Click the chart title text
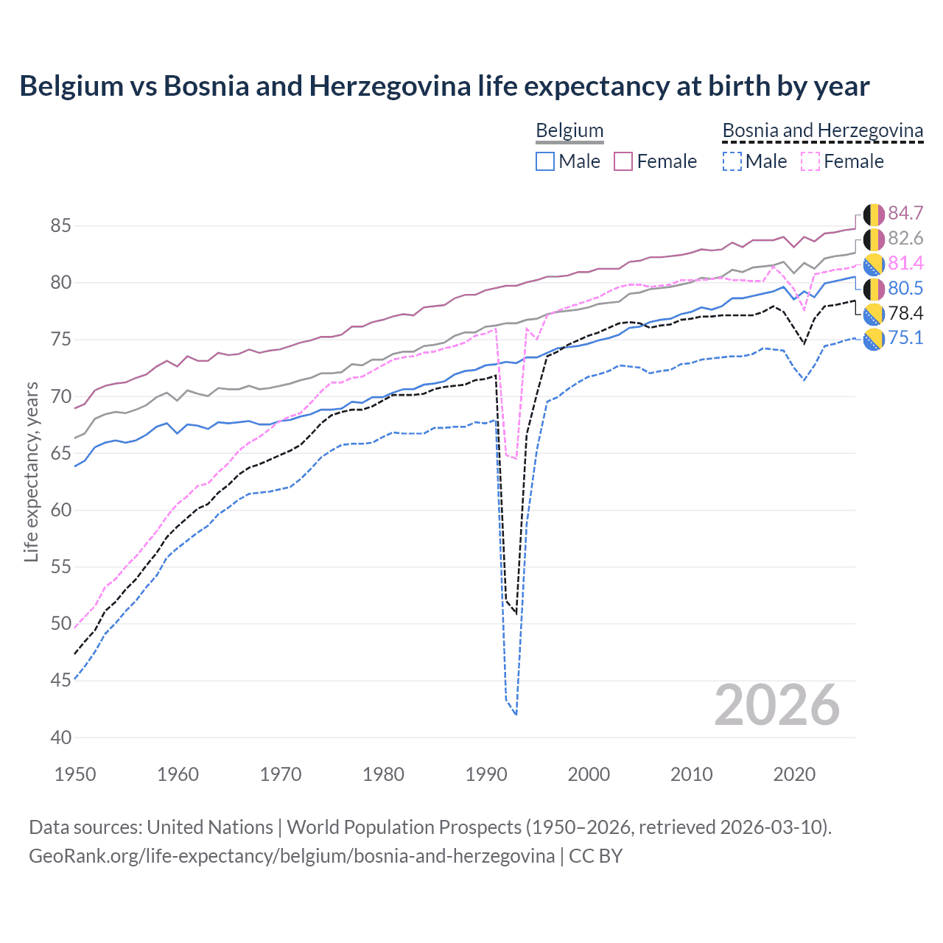coord(444,86)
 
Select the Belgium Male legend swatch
coord(545,161)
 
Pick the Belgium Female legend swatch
coord(623,161)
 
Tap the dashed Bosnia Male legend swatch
coord(732,161)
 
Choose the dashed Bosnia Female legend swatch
coord(810,161)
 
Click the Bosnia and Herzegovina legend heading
coord(822,130)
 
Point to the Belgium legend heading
coord(569,130)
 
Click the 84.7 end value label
coord(905,213)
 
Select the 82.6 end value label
coord(905,238)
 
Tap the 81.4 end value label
coord(905,263)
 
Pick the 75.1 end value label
coord(905,338)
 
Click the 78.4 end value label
coord(905,313)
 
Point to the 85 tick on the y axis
coord(60,225)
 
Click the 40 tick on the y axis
coord(60,737)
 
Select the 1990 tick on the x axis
coord(486,774)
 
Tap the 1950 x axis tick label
coord(75,774)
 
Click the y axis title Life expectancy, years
coord(31,471)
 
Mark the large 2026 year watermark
coord(777,706)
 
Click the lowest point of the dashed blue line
coord(516,714)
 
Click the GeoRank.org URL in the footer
coord(291,856)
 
